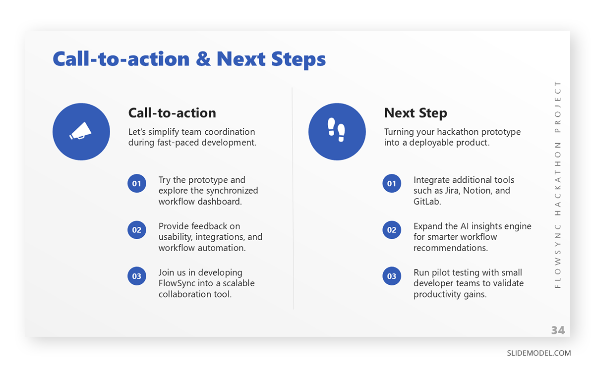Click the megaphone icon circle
[x=81, y=132]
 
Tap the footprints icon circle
[x=337, y=132]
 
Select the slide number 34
[x=558, y=330]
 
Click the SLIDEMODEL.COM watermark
[x=538, y=353]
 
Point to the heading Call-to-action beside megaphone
[x=172, y=113]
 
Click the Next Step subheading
[x=416, y=113]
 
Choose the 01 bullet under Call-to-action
[x=136, y=183]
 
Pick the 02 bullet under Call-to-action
[x=136, y=230]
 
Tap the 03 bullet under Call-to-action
[x=136, y=276]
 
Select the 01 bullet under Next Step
[x=392, y=183]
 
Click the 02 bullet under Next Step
[x=392, y=230]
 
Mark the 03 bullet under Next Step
[x=392, y=276]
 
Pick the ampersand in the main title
[x=203, y=59]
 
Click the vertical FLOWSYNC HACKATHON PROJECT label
[x=558, y=184]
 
